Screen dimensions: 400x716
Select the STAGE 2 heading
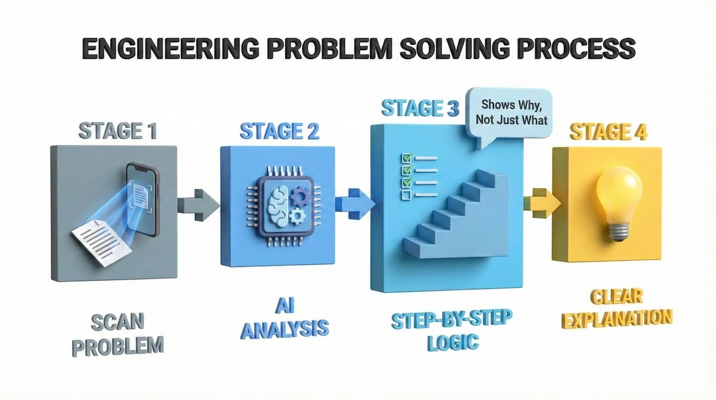click(x=279, y=130)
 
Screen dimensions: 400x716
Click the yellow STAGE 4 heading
click(x=607, y=132)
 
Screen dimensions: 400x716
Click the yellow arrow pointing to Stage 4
click(x=541, y=203)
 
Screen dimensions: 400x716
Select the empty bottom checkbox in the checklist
click(x=406, y=195)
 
